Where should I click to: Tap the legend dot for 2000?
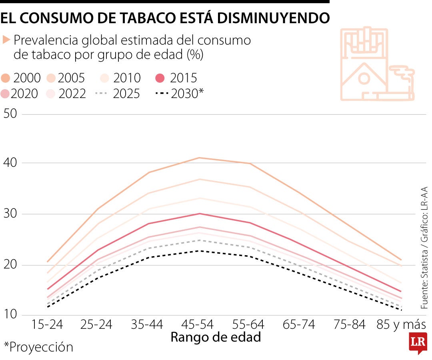6,77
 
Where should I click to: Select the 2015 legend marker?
160,77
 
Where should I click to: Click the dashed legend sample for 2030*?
161,94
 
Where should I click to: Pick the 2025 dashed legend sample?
102,94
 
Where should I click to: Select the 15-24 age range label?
47,324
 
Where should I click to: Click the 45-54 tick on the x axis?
200,324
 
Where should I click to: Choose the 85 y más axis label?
401,324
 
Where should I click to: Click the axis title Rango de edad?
216,337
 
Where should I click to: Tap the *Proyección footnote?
38,347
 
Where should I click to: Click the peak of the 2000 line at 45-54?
200,158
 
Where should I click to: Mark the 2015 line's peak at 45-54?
200,214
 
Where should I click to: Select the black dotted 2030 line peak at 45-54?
200,251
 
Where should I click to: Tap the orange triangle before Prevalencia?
6,40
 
